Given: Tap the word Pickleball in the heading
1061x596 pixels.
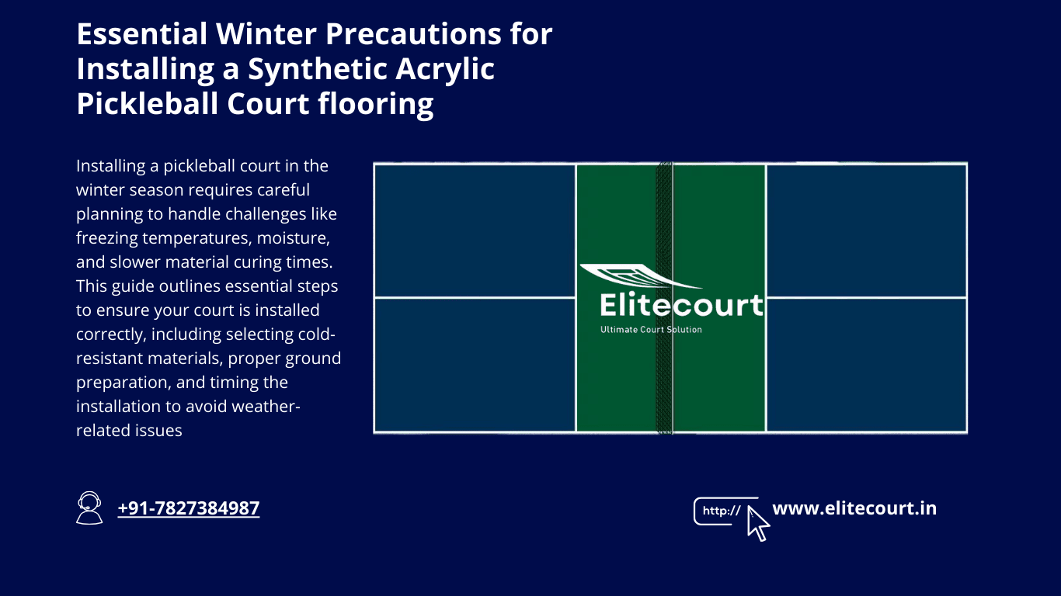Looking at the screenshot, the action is pos(148,103).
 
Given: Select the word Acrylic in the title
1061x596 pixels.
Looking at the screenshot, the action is pos(445,69).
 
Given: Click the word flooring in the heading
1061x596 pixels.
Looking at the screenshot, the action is pos(376,104).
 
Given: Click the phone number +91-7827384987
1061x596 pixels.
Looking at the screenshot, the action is pos(189,508).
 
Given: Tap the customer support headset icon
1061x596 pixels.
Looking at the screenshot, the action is pos(89,508).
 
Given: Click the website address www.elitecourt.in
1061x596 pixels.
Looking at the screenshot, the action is pos(854,508).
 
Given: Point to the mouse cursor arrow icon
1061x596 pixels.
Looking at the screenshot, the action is pos(758,524).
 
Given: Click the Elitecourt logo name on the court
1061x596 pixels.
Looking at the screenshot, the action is pos(682,304).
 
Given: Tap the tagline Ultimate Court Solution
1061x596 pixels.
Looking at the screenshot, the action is pos(651,330).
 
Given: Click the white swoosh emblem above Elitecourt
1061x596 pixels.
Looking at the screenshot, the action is pos(639,276).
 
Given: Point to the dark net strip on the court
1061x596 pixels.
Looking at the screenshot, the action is pos(664,298).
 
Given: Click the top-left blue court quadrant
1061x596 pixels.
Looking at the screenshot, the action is pos(475,230).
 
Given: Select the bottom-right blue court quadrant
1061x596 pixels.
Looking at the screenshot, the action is pos(866,365).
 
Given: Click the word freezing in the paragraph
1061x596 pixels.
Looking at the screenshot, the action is pos(107,237).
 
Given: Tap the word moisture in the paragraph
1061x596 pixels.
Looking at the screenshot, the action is pos(293,238).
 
